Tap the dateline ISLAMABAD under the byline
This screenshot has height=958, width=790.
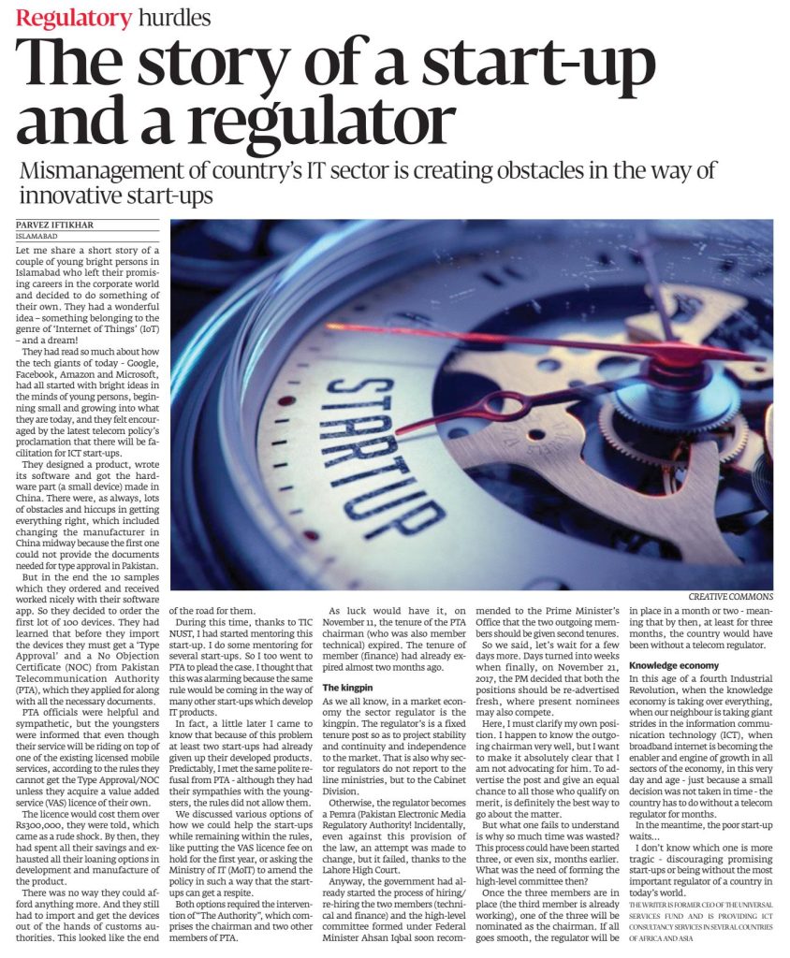(37, 237)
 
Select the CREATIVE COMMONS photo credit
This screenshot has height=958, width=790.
(730, 596)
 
